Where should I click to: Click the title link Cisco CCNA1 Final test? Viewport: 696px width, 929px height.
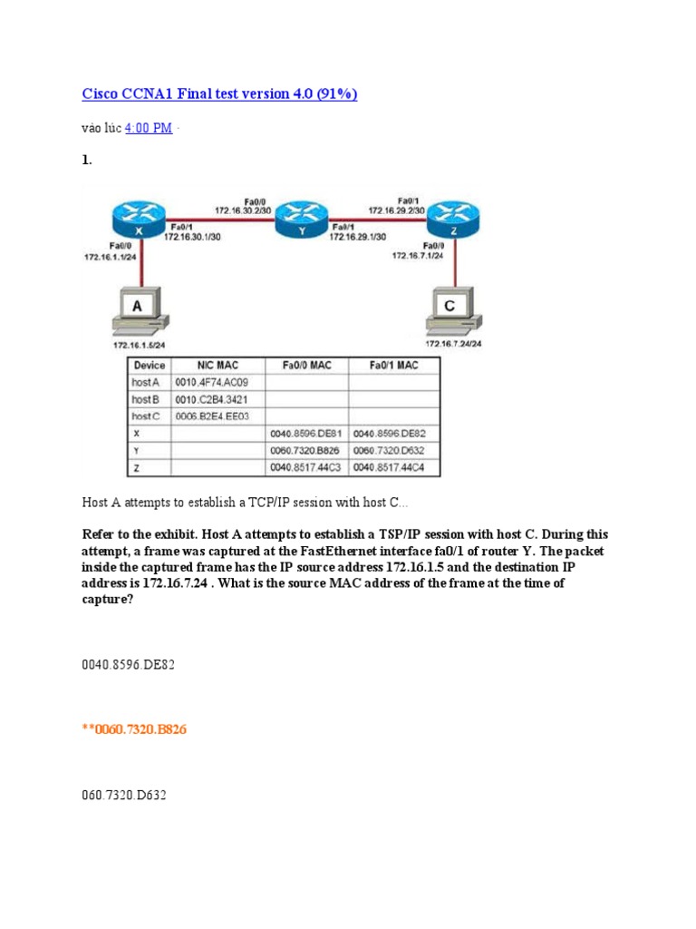[219, 94]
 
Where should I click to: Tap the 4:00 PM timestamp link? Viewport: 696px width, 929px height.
[148, 128]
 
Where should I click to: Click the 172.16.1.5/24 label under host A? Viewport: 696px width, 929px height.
[139, 345]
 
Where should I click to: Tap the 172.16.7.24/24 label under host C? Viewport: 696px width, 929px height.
[453, 343]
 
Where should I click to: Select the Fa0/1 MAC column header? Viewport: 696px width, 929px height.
[394, 366]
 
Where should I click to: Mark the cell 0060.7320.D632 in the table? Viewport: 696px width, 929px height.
[390, 450]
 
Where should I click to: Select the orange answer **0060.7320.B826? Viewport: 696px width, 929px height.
[134, 729]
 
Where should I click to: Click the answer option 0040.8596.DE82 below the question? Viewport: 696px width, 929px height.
[128, 665]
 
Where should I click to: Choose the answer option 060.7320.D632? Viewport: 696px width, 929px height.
[124, 796]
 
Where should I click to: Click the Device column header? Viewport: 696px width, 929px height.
[149, 366]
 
